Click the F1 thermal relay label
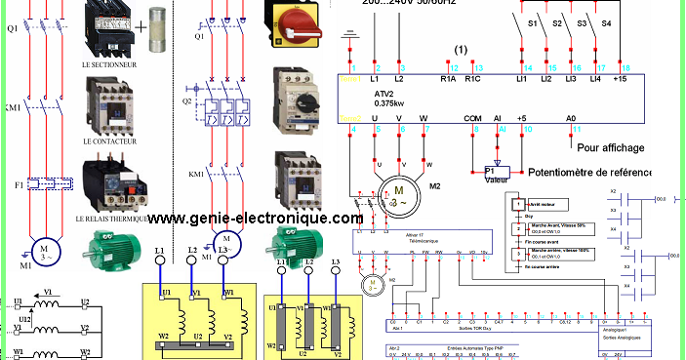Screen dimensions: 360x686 pyautogui.click(x=13, y=182)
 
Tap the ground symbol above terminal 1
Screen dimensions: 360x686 pyautogui.click(x=344, y=39)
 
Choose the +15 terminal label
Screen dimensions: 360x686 pyautogui.click(x=619, y=78)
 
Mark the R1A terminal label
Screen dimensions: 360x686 pyautogui.click(x=449, y=78)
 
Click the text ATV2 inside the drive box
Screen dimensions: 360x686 pyautogui.click(x=383, y=94)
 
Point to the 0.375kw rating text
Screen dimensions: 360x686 pyautogui.click(x=391, y=103)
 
